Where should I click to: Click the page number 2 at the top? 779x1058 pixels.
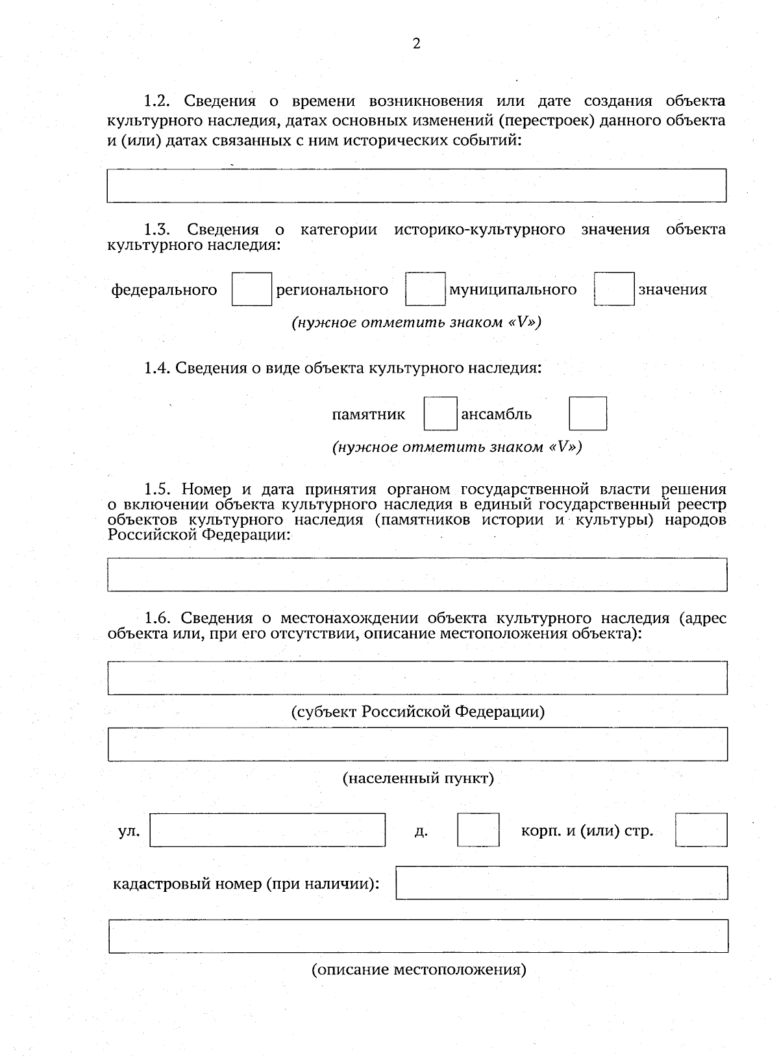416,44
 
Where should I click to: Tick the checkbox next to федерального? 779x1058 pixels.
252,289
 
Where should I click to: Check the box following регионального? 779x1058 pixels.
425,289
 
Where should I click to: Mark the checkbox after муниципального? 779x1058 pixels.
613,289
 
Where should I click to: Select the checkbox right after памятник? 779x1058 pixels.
440,413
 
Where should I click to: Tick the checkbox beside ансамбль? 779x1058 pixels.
587,413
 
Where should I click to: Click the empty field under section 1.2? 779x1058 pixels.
416,186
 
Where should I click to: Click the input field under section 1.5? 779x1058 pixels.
417,574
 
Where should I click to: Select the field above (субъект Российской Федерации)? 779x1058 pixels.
417,678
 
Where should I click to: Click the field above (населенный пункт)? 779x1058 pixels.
417,744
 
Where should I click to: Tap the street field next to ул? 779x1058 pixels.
267,830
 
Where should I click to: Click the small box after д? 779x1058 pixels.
478,830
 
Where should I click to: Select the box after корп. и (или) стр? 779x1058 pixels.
700,830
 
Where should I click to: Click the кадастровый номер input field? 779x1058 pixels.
562,883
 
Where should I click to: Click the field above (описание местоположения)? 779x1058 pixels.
417,936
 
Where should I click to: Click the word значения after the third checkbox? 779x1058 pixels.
673,289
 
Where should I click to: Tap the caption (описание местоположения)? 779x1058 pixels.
419,970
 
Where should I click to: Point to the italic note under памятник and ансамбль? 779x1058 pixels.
456,447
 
